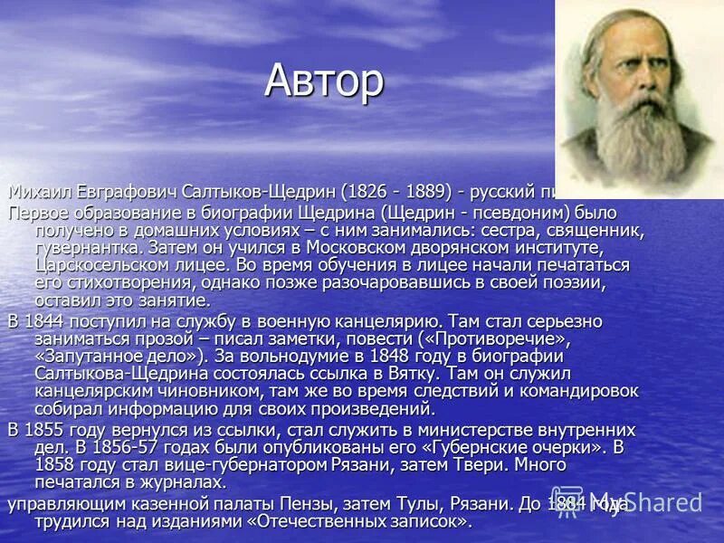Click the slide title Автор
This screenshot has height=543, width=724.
324,82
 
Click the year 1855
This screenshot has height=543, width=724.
48,428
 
